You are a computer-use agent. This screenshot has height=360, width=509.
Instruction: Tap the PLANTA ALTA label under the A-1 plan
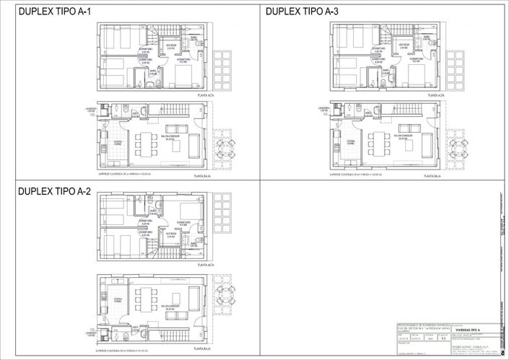click(209, 95)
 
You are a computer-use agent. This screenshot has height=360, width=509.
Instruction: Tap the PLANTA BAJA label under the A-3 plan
click(433, 175)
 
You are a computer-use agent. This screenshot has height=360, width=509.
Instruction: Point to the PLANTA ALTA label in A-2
click(208, 266)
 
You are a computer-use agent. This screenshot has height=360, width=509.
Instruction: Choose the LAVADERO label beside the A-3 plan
click(323, 110)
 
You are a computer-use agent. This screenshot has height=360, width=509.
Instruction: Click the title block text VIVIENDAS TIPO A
click(462, 330)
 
